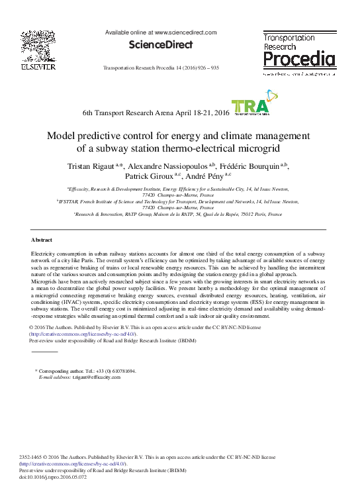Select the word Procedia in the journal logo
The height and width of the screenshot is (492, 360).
299,61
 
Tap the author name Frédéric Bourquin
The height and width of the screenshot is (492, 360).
248,165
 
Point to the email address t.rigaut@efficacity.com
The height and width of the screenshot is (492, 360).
101,376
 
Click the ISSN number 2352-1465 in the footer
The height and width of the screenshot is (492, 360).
32,457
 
